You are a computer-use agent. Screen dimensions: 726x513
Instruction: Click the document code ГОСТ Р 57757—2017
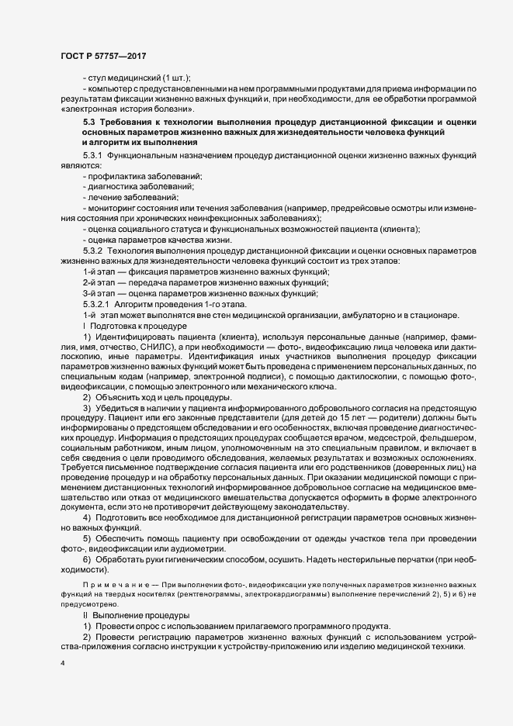tap(102, 57)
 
